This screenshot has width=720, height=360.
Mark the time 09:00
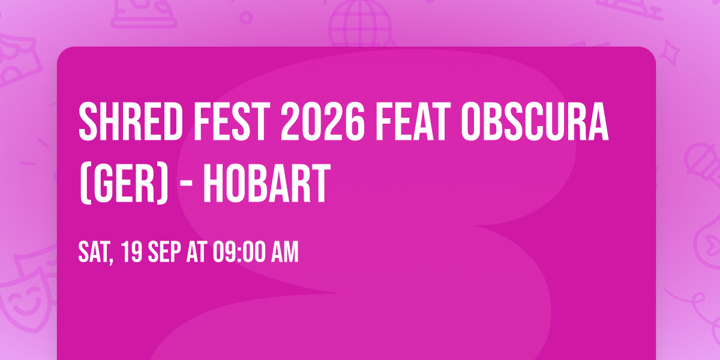[236, 253]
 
